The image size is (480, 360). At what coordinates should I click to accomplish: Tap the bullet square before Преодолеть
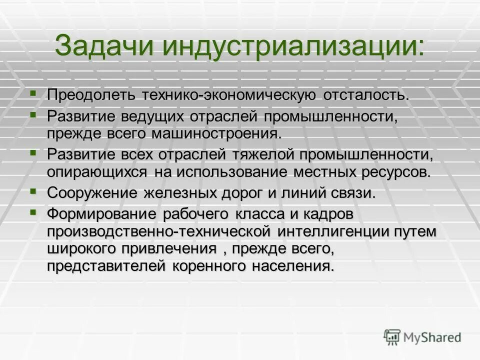33,92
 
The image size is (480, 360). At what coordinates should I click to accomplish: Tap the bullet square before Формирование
33,212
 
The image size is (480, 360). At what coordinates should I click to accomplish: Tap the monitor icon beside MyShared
393,337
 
